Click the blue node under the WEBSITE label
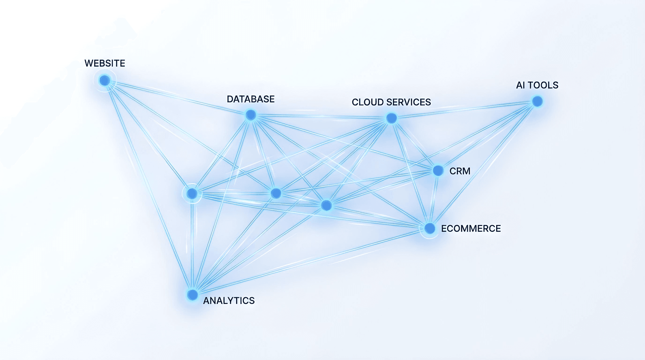pyautogui.click(x=105, y=81)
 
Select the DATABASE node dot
pyautogui.click(x=251, y=115)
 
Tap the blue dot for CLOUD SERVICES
pyautogui.click(x=391, y=118)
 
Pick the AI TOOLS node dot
pyautogui.click(x=537, y=101)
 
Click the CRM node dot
pyautogui.click(x=438, y=171)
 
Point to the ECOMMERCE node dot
pyautogui.click(x=430, y=228)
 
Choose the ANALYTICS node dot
pyautogui.click(x=192, y=295)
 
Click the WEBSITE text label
pyautogui.click(x=105, y=63)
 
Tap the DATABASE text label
pyautogui.click(x=251, y=99)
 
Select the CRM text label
pyautogui.click(x=460, y=171)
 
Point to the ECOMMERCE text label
pyautogui.click(x=471, y=229)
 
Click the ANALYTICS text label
pyautogui.click(x=229, y=301)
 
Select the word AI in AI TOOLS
pyautogui.click(x=520, y=85)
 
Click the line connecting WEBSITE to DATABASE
pyautogui.click(x=178, y=98)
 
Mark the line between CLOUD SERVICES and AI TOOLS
pyautogui.click(x=464, y=110)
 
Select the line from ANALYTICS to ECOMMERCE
pyautogui.click(x=311, y=262)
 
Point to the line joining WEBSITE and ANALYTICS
pyautogui.click(x=148, y=187)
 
